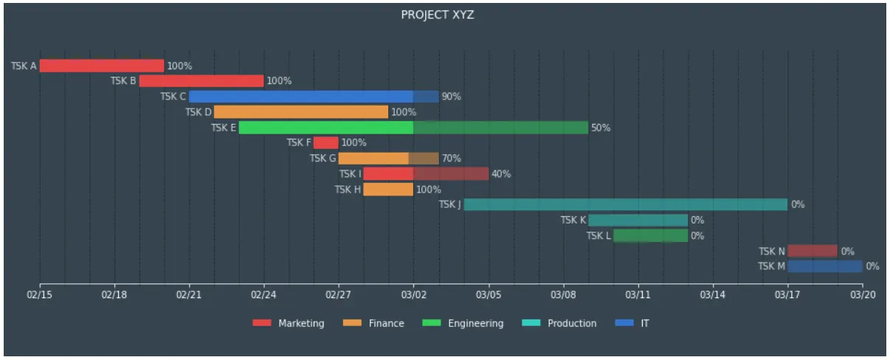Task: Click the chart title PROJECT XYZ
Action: point(437,15)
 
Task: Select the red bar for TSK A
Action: point(101,66)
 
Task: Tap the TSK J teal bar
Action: point(625,204)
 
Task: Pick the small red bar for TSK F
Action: point(325,142)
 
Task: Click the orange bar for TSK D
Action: point(300,112)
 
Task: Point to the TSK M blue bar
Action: point(824,266)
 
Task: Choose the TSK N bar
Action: point(812,251)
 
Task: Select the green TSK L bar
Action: point(650,235)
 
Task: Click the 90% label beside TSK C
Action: point(451,97)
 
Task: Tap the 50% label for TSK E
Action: point(601,128)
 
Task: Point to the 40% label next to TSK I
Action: point(501,174)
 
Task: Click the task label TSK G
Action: point(322,159)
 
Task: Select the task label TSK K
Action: point(573,220)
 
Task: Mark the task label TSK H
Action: point(348,190)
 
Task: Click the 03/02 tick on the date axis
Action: point(413,295)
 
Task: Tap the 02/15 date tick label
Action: point(40,295)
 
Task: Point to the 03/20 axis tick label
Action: point(862,295)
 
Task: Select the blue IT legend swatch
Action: point(624,323)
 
